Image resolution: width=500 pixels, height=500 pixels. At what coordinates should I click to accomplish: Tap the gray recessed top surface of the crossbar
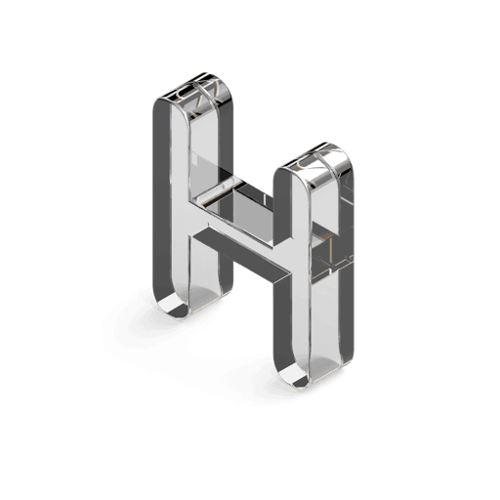[241, 213]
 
